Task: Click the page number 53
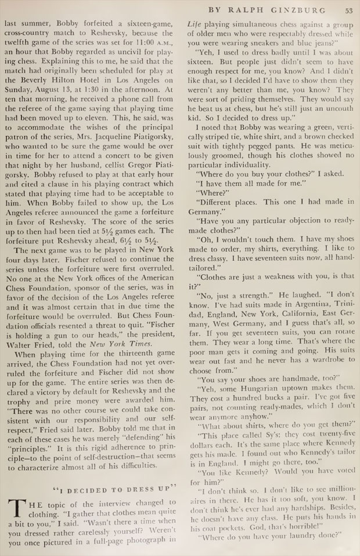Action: [348, 9]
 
